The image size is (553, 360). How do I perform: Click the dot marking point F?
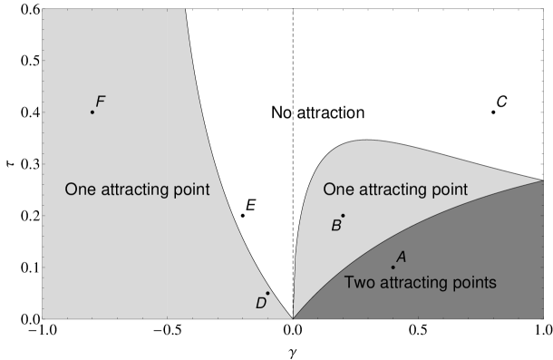92,112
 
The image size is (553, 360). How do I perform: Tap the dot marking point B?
343,215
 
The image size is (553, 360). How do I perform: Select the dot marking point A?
393,267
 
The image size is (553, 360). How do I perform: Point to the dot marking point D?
267,293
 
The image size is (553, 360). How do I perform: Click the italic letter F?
101,101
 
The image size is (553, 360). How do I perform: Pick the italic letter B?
335,226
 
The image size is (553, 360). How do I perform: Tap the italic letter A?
401,258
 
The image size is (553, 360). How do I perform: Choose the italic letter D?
260,303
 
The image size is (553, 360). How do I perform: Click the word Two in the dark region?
359,283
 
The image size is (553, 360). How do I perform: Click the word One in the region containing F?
80,190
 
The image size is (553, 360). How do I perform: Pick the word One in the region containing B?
338,190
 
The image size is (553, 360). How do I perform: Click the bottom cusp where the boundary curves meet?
292,318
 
